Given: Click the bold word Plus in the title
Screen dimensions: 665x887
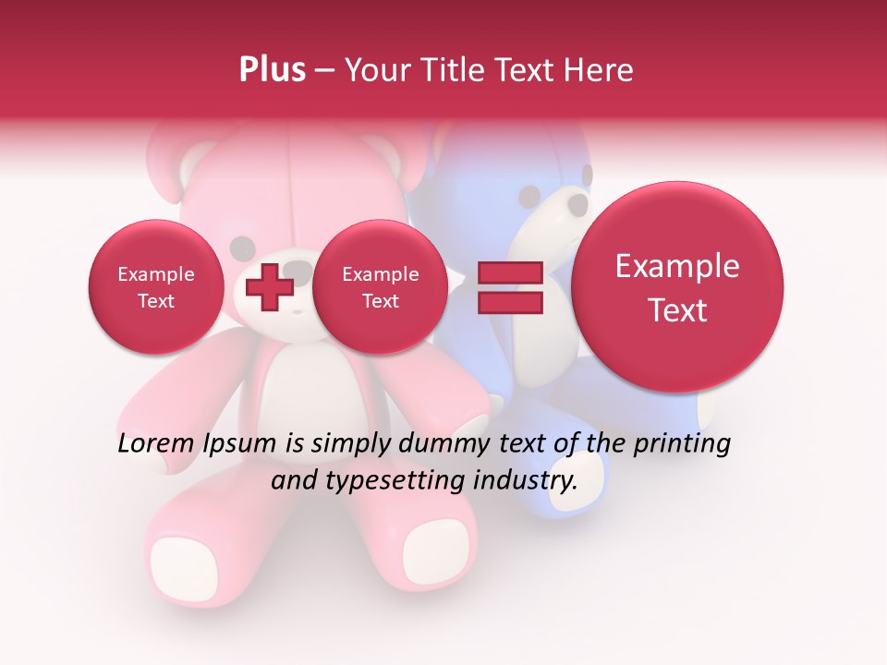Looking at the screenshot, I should coord(272,70).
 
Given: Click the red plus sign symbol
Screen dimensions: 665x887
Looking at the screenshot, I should coord(270,287).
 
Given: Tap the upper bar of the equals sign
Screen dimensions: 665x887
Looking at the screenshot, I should coord(509,272).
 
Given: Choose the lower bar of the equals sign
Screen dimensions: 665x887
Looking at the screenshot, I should coord(509,303).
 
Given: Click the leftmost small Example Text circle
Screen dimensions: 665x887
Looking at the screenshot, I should coord(155,287).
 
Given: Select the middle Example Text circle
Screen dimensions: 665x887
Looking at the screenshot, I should coord(380,287).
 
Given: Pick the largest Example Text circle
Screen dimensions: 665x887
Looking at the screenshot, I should coord(677,287).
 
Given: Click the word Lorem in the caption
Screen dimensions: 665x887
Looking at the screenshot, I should coord(156,444).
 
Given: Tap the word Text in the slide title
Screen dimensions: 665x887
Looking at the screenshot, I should coord(526,70).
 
